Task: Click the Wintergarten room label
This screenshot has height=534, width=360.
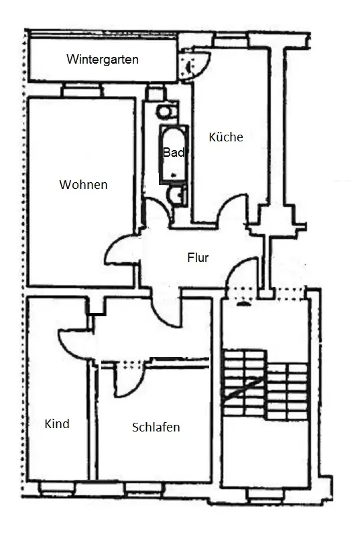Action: [x=103, y=59]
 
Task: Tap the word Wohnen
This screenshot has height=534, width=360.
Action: [x=84, y=184]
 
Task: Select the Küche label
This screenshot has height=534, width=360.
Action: [x=226, y=137]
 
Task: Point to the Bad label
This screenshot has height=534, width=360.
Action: [x=174, y=152]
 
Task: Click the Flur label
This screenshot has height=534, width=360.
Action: [x=198, y=257]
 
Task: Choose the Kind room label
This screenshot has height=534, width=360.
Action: [x=57, y=423]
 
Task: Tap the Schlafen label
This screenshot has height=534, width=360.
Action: [x=156, y=427]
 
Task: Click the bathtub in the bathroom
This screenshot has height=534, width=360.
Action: [x=174, y=155]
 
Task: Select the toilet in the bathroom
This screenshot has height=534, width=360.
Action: [x=167, y=111]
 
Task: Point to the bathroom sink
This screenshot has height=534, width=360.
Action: [x=176, y=195]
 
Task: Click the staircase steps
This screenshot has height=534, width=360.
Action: [x=265, y=384]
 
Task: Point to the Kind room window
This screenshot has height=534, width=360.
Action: [x=57, y=488]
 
